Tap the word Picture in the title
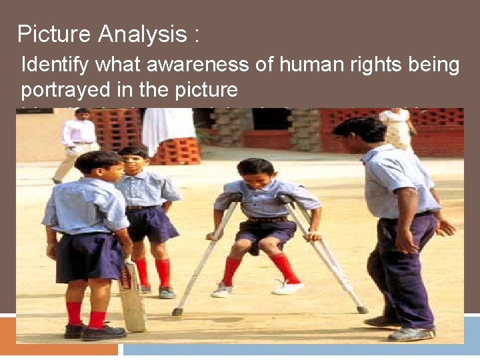click(55, 34)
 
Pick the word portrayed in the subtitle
click(61, 89)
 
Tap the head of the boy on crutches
click(256, 175)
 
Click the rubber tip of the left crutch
click(177, 311)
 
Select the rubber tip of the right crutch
click(361, 309)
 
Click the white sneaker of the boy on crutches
click(289, 287)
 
